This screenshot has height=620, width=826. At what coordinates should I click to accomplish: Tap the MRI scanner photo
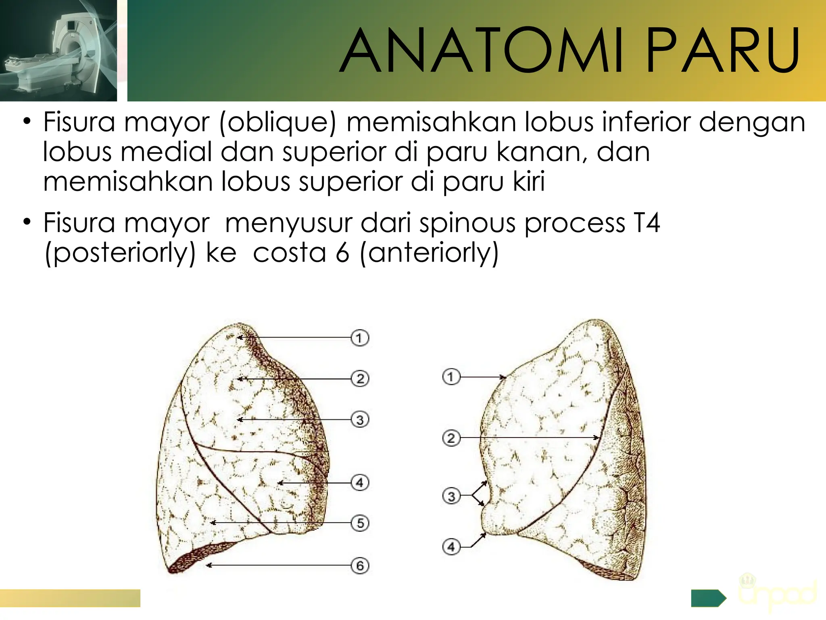(58, 50)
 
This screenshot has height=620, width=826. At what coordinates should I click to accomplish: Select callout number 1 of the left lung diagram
(360, 338)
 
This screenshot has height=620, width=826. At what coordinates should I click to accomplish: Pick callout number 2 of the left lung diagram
(360, 379)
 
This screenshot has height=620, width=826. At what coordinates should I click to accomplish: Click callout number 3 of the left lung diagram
(360, 420)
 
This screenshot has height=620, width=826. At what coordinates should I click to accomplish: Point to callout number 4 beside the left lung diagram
(360, 483)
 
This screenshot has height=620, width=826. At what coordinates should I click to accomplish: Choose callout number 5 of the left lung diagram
(360, 523)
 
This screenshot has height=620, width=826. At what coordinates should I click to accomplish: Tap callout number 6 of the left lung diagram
(360, 565)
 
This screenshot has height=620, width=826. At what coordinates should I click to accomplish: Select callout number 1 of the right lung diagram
(451, 377)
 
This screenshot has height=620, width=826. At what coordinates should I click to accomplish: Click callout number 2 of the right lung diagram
(451, 438)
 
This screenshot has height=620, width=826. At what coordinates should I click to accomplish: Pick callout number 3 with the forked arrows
(451, 496)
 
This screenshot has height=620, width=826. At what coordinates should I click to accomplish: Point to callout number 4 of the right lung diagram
(451, 547)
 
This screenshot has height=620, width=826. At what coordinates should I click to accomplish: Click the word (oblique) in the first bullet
(277, 122)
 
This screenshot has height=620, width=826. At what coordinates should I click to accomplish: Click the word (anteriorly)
(429, 253)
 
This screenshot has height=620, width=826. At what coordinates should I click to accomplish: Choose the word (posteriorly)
(120, 253)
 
